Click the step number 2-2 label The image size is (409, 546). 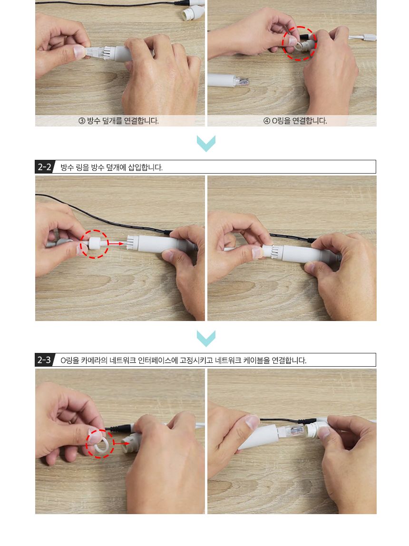[45, 167]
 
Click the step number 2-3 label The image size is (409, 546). [44, 360]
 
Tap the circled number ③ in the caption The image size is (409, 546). [82, 121]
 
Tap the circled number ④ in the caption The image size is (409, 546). [267, 121]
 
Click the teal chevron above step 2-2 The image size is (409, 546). [206, 143]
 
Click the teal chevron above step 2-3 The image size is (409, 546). [206, 338]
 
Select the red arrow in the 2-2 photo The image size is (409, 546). [116, 244]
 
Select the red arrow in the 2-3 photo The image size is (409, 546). [121, 443]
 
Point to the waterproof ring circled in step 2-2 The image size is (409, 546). [94, 243]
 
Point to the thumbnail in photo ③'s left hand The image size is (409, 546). [80, 52]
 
